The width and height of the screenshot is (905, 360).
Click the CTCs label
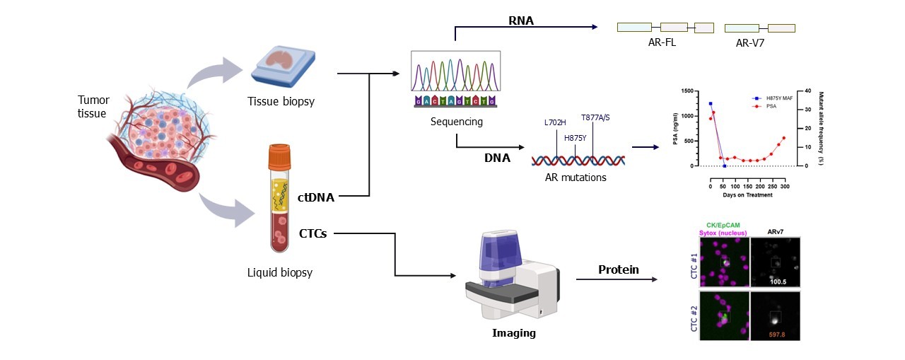click(313, 233)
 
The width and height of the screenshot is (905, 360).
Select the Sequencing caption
click(456, 121)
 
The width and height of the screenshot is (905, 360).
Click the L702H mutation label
click(555, 122)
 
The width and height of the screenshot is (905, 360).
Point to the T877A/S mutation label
click(595, 117)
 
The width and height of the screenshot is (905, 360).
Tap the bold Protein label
click(619, 269)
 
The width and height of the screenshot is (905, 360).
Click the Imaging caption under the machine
click(513, 332)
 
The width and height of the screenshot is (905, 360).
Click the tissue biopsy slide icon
click(280, 63)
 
